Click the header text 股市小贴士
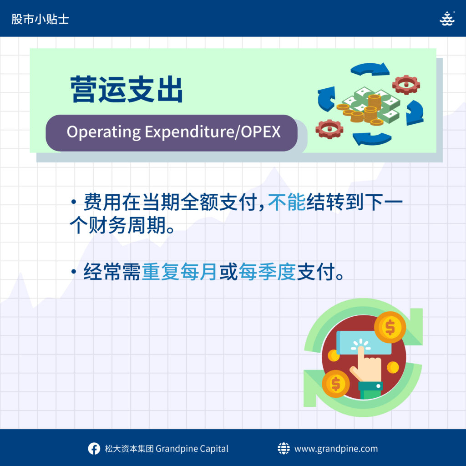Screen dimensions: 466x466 coord(40,19)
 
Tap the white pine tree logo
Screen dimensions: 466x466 coord(447,19)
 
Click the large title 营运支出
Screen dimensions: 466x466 coord(127,89)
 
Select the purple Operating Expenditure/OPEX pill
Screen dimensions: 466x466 coord(172,133)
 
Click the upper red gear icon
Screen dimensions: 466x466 coord(406,85)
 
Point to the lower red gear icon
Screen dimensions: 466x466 coord(329,129)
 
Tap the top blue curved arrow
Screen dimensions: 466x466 coord(370,69)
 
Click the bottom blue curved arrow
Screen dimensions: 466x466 coord(371,139)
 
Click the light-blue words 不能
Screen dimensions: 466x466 coord(287,202)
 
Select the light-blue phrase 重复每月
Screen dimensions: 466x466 coord(179,272)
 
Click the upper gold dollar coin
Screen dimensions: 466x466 coord(390,327)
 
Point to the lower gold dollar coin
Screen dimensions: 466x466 coord(336,384)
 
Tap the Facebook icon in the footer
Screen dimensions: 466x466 coord(94,448)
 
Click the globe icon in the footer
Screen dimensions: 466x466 coord(284,448)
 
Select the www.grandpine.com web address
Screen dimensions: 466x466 coord(336,448)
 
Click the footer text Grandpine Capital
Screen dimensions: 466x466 coord(192,448)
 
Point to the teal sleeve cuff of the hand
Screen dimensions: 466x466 coord(370,386)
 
